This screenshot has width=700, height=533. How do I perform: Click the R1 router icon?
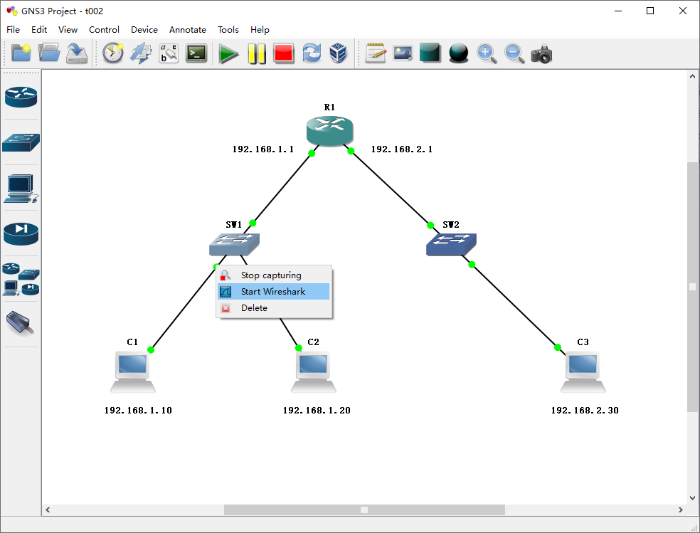click(329, 130)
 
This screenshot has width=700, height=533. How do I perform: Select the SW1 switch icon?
click(234, 244)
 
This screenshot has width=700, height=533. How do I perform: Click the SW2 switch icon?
click(451, 244)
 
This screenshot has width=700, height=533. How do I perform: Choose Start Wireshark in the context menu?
click(273, 292)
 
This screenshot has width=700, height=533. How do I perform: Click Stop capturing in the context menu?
click(271, 275)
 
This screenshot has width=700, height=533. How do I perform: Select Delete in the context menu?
click(254, 308)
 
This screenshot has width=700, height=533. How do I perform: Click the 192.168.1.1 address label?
click(263, 149)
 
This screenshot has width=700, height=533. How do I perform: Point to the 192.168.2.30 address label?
click(585, 411)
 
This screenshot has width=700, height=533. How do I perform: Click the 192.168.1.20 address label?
click(317, 411)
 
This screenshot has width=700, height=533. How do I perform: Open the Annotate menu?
click(188, 30)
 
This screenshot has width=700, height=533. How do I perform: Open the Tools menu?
click(228, 30)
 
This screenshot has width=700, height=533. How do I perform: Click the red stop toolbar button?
click(284, 54)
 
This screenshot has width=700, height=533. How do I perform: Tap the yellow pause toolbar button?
click(256, 54)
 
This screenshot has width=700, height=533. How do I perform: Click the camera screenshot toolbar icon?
click(541, 54)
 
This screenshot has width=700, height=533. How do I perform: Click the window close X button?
click(682, 11)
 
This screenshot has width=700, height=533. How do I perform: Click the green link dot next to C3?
click(558, 347)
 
